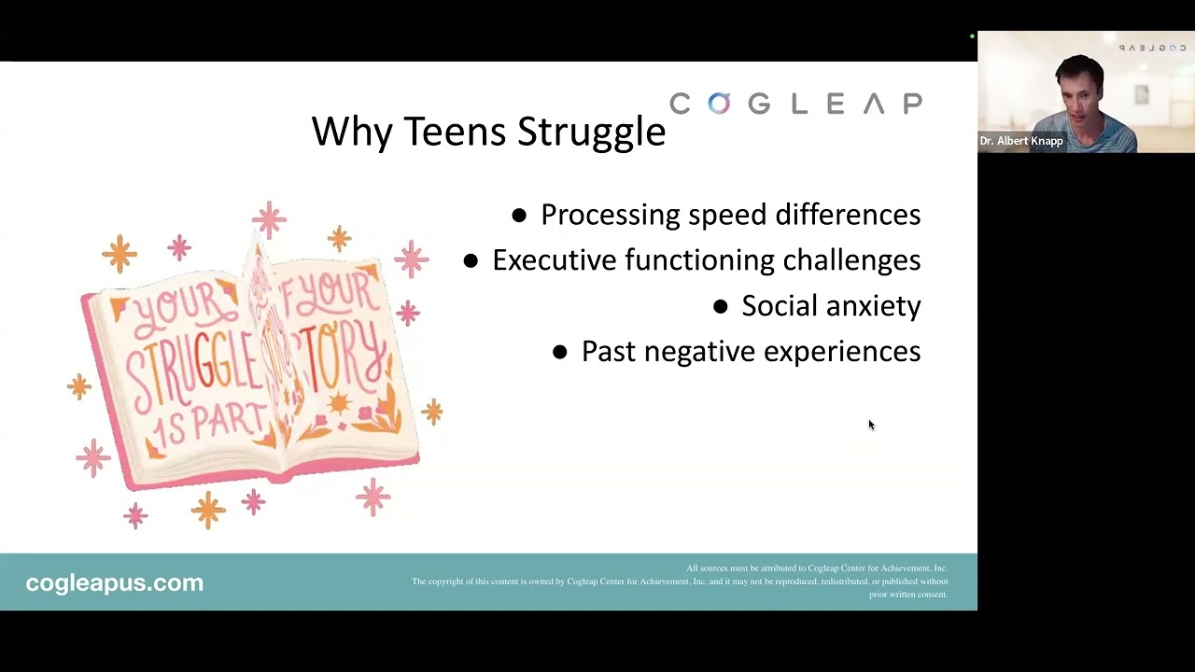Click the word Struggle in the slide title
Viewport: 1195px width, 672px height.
[591, 132]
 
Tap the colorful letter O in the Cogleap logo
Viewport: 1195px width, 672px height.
[718, 104]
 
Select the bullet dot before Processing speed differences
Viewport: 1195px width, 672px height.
[519, 216]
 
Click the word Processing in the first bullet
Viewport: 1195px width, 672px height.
[610, 215]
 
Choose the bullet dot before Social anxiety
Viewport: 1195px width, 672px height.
[720, 306]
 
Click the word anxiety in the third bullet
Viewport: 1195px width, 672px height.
[875, 306]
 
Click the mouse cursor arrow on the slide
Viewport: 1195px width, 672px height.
[871, 425]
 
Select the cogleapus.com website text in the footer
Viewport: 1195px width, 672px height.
[114, 582]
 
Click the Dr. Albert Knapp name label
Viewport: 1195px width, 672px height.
[1020, 141]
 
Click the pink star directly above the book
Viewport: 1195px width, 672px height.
[269, 219]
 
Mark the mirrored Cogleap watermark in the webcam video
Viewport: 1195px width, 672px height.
[1151, 48]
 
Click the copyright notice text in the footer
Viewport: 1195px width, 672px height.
[680, 581]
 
